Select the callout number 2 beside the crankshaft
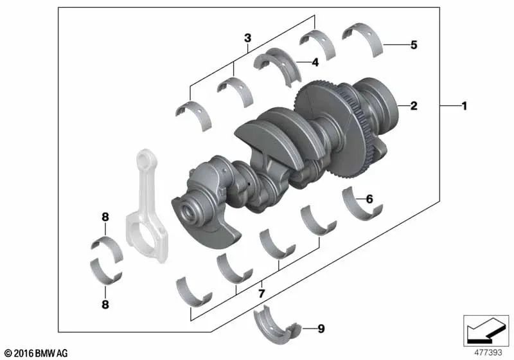pyautogui.click(x=414, y=105)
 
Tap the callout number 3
pyautogui.click(x=247, y=38)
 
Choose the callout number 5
pyautogui.click(x=413, y=45)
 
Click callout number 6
pyautogui.click(x=369, y=199)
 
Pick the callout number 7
pyautogui.click(x=261, y=293)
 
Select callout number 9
pyautogui.click(x=321, y=329)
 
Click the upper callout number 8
pyautogui.click(x=105, y=217)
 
